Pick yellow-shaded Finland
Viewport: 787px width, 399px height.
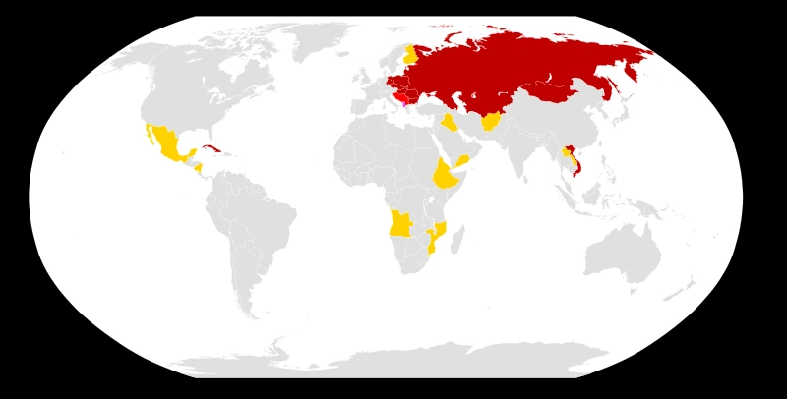click(409, 53)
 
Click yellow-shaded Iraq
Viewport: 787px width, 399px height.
click(449, 123)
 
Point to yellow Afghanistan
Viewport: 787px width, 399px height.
click(490, 122)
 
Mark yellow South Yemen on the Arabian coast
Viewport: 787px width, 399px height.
click(461, 160)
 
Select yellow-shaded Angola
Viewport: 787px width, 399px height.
click(399, 224)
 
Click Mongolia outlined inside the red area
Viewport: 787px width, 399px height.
click(547, 93)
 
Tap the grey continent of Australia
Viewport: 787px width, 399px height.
click(620, 251)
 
